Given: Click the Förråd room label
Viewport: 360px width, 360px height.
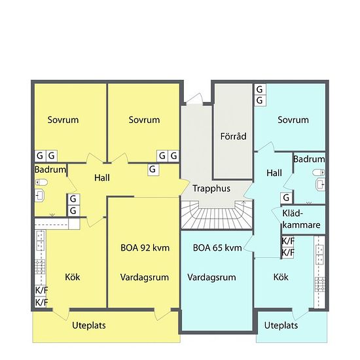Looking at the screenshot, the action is tap(233, 136).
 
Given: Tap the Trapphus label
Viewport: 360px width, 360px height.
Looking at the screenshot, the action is tap(211, 189).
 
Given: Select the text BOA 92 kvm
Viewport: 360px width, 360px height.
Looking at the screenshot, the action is tap(145, 248).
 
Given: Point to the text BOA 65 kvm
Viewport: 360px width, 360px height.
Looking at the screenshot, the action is tap(217, 248).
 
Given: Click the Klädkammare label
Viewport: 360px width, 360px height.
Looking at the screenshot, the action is tap(301, 219).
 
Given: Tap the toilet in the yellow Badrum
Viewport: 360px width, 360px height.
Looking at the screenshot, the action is tap(41, 183).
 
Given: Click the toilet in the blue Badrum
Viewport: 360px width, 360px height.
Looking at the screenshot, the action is tap(319, 172).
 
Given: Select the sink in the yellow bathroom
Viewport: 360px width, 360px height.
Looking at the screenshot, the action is tap(39, 196).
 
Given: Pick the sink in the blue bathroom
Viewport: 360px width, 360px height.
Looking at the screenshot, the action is tap(321, 185).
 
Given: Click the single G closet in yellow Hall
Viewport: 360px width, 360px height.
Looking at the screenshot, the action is tap(153, 170).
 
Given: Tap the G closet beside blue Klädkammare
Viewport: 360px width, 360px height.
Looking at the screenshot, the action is tap(287, 198).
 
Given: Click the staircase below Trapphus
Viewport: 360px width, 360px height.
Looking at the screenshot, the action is tap(217, 215).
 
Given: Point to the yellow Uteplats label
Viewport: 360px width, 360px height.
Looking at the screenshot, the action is tap(89, 325).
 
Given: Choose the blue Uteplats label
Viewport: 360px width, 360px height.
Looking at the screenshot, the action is tap(281, 325).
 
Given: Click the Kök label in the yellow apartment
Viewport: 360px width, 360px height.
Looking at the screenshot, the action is tap(73, 277).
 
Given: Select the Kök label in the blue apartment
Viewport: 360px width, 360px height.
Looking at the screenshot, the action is tap(281, 277).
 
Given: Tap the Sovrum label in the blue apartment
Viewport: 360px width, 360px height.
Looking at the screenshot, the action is tap(293, 120).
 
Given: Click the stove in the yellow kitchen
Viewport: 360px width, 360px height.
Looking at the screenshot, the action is tap(40, 267).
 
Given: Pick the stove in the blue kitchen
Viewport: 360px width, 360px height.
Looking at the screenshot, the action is tap(320, 284).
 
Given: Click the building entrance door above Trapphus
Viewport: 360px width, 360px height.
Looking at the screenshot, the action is tap(194, 99).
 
